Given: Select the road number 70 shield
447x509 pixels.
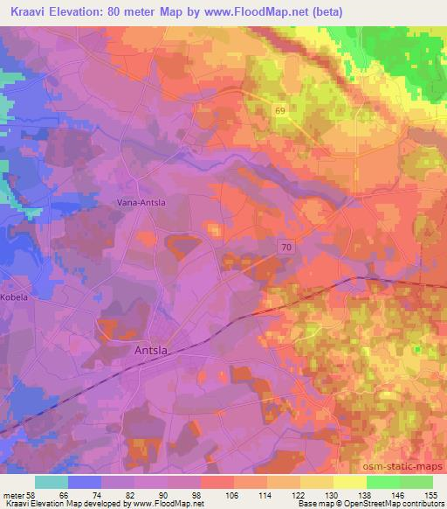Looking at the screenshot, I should click(287, 248).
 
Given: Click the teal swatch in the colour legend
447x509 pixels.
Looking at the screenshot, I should click(52, 482).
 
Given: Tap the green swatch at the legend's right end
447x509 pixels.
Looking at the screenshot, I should click(416, 482).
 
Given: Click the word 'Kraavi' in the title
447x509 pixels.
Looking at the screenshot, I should click(32, 12).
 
